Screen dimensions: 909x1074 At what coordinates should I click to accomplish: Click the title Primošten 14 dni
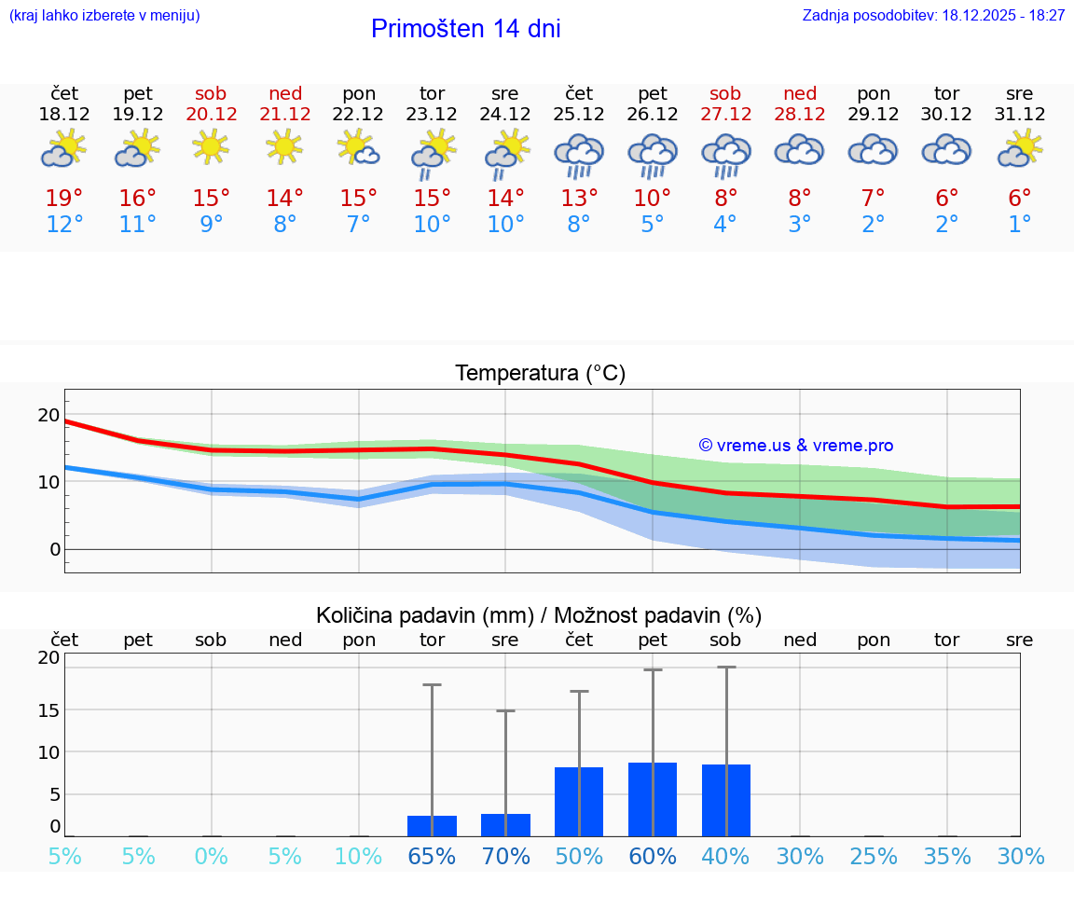point(465,29)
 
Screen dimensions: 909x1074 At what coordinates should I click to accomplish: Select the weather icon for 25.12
point(579,154)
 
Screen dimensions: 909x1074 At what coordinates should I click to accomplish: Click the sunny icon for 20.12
point(212,147)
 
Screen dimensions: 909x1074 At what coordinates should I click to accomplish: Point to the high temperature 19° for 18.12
point(64,199)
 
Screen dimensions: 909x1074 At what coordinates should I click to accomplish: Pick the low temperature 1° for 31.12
point(1020,225)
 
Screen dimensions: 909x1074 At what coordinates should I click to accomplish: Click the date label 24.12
point(505,115)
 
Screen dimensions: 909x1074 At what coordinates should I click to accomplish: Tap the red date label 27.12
point(725,115)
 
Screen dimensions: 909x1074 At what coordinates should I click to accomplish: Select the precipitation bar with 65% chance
point(432,826)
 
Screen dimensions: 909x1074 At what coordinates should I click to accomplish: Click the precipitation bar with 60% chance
point(653,799)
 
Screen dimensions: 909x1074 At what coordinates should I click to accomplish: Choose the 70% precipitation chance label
point(505,857)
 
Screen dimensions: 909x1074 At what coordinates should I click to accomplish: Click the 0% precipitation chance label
point(212,857)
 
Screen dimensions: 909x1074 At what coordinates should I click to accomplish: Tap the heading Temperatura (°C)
point(540,374)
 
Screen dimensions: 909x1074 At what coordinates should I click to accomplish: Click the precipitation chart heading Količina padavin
point(539,615)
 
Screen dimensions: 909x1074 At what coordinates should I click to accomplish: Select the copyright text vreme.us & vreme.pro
point(796,446)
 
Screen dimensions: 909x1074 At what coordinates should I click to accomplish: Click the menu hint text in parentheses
point(103,16)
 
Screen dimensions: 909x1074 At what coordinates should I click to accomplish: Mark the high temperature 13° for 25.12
point(579,199)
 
